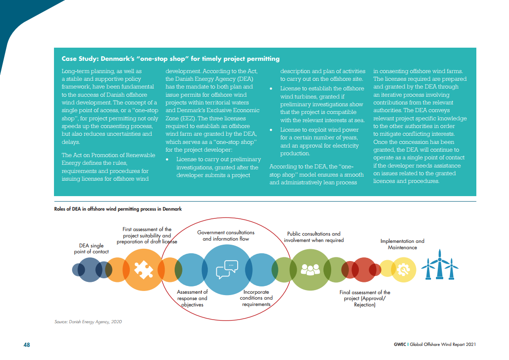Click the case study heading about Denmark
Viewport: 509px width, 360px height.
(x=171, y=59)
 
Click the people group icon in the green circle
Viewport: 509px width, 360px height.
(x=310, y=270)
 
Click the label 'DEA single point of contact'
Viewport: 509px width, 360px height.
(x=91, y=249)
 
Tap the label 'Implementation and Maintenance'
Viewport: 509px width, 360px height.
(x=402, y=244)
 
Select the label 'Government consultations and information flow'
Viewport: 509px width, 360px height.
(x=226, y=236)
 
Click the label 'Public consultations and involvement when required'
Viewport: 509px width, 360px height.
(x=313, y=237)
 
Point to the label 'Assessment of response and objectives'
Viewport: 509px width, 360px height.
(x=192, y=298)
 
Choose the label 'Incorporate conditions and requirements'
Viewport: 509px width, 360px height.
(x=256, y=298)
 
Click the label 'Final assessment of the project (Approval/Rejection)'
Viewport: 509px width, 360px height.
(x=365, y=299)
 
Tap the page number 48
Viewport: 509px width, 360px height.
(x=27, y=345)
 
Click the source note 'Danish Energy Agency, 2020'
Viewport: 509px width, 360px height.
(x=88, y=322)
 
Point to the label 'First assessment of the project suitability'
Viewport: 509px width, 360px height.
(x=147, y=235)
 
